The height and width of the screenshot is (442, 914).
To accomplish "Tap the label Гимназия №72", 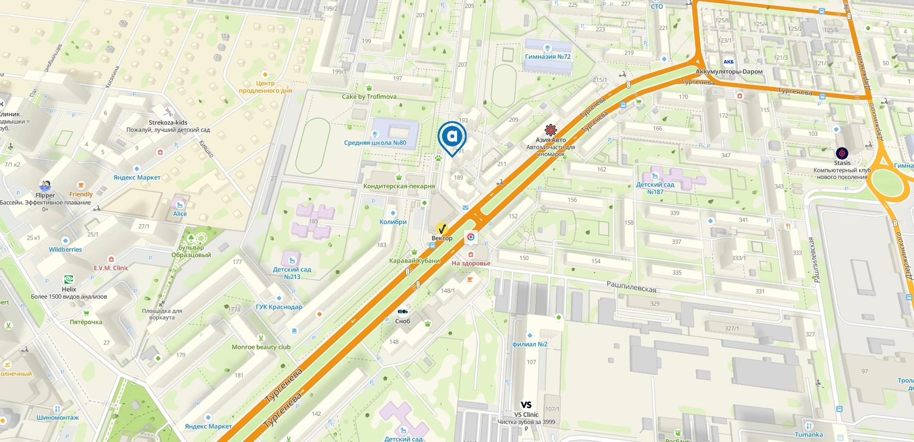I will pos(548,56).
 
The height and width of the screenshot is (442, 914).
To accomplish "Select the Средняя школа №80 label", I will pos(375,143).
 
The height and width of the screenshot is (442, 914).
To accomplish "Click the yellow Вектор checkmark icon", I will pos(442,229).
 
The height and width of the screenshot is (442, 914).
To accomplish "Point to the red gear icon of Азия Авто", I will pos(550,130).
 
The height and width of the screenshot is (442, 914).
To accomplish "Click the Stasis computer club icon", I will pos(842,153).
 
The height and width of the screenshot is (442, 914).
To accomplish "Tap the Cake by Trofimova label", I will pos(369,96).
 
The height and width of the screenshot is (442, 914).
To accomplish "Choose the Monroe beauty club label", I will pos(261,347).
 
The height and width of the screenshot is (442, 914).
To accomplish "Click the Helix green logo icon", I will pos(69,280).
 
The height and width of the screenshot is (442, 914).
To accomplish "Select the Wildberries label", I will pos(66,249).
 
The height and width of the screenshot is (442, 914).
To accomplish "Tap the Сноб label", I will pos(403,321).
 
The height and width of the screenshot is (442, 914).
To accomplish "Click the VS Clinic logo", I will pos(526,405).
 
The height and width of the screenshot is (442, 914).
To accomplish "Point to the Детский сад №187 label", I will pos(655,188).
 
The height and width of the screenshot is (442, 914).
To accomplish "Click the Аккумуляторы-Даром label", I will pos(729,71).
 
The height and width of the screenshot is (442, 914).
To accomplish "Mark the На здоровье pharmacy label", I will pos(471,263).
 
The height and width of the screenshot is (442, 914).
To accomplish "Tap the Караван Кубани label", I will pos(414,260).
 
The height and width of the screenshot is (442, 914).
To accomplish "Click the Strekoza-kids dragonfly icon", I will pos(168,112).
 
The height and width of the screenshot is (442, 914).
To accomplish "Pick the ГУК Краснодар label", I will pos(279,307).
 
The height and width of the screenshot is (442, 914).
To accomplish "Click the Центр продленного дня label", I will pos(265,87).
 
